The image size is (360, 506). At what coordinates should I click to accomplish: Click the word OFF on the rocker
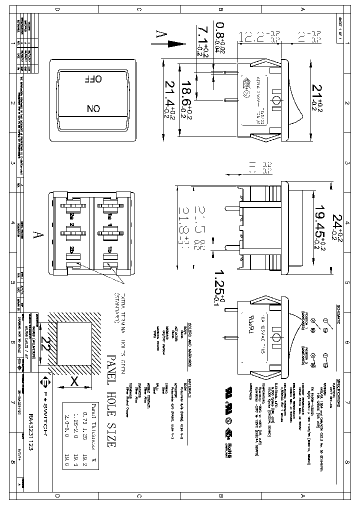click(94, 79)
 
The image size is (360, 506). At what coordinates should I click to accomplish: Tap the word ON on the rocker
click(93, 108)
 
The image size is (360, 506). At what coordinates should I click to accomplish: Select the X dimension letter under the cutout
click(74, 381)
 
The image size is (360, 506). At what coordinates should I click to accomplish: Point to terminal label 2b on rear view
click(73, 249)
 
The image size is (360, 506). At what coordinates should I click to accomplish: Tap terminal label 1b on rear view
click(109, 249)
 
